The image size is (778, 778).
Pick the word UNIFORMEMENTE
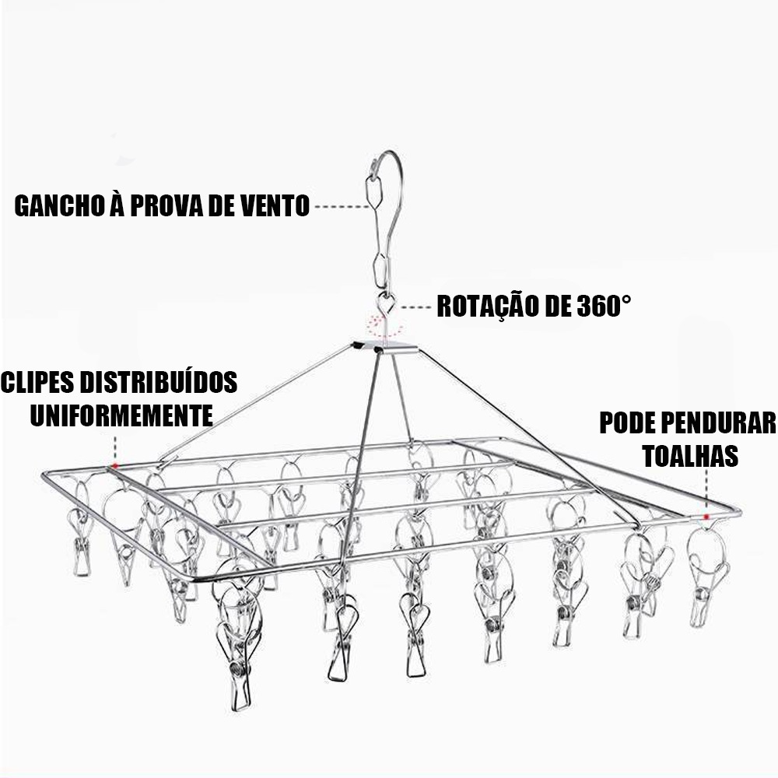121,414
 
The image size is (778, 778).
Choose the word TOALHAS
690,455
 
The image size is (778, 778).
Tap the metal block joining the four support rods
381,345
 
